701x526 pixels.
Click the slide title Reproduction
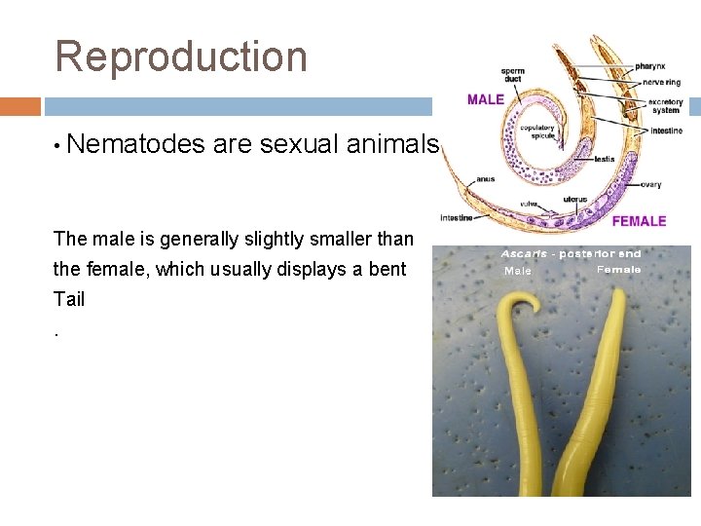coord(181,56)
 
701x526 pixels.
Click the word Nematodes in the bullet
coord(137,145)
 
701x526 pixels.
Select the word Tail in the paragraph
coord(69,300)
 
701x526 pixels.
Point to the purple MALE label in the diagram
coord(486,98)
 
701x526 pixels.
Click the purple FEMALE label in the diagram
coord(639,222)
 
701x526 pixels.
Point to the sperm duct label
coord(513,76)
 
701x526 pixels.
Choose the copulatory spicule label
coord(537,131)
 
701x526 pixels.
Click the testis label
coord(603,159)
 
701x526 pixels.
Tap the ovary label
coord(651,184)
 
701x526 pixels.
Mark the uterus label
coord(575,199)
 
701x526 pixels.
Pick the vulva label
coord(529,204)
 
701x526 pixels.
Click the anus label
coord(485,179)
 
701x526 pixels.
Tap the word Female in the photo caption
coord(618,270)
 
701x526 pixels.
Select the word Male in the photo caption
coord(518,272)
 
